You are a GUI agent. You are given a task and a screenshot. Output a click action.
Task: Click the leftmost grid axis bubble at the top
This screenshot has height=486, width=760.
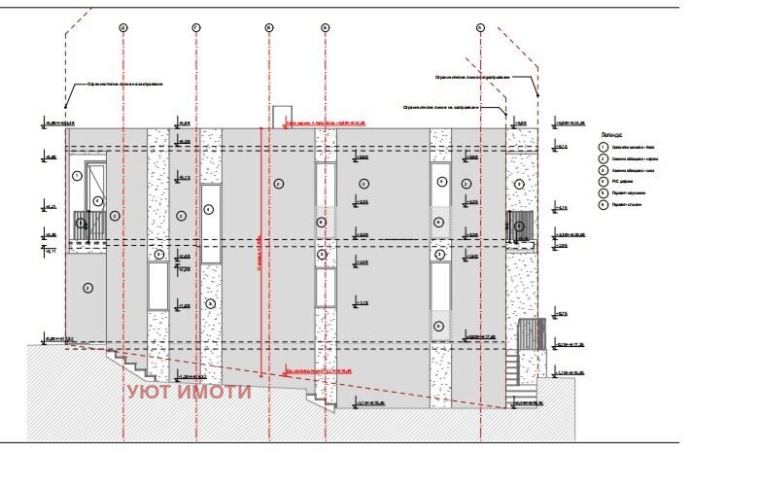pos(123,28)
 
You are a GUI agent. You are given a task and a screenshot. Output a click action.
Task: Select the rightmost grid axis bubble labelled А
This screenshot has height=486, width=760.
pos(480,28)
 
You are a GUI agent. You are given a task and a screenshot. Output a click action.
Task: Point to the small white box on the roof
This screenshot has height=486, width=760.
pos(282,117)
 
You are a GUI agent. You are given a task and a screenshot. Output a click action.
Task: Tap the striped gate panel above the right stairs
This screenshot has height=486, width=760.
pos(530,335)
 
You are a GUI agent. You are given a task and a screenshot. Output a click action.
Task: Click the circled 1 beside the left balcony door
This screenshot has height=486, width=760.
pos(78,176)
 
